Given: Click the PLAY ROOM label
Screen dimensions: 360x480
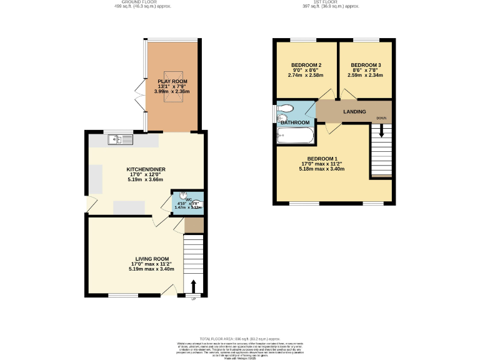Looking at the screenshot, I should tap(172, 81).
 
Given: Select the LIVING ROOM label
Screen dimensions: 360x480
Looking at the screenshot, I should tap(152, 258).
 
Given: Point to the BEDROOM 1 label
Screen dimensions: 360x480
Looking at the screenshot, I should tap(322, 158).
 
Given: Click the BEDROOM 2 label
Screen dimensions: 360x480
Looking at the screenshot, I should tap(306, 65).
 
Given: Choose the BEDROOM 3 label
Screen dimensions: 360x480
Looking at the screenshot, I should tap(366, 65).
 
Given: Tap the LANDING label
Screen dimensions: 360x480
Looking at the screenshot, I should tap(354, 111).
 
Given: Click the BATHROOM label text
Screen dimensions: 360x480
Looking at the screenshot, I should tap(295, 122).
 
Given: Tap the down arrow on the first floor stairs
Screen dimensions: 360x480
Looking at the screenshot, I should tap(381, 131).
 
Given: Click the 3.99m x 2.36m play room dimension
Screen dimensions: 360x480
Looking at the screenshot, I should tap(172, 92).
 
